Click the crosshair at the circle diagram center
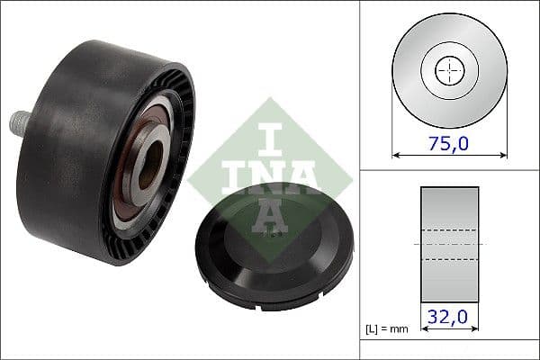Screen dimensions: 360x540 [x=449, y=70]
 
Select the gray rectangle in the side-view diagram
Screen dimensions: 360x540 [x=449, y=216]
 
